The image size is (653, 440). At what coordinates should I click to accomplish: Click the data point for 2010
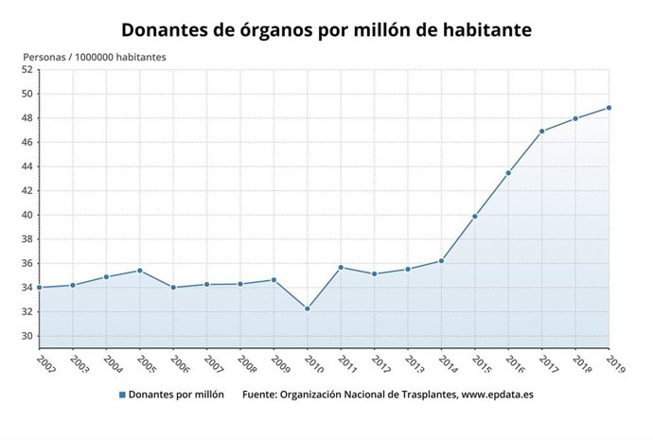coord(308,308)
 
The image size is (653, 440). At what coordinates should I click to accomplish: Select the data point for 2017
coord(542,132)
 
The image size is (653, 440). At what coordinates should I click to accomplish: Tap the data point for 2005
coord(140,271)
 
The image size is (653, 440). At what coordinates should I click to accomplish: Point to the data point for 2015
coord(475,217)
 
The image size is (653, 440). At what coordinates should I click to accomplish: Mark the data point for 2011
coord(341,268)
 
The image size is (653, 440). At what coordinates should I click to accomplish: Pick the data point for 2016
coord(508,173)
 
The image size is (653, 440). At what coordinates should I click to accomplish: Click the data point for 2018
coord(575,118)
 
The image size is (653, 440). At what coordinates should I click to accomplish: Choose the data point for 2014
coord(441,261)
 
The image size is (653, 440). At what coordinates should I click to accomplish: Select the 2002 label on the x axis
coord(45,361)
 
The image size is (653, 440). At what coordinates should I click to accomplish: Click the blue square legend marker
coord(122,395)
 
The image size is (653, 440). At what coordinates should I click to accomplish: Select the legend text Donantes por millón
coord(177,395)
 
